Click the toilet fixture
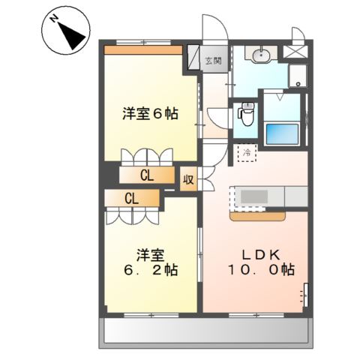(x=245, y=115)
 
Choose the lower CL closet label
(x=132, y=199)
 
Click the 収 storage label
(x=189, y=180)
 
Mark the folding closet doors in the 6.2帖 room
(x=133, y=215)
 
